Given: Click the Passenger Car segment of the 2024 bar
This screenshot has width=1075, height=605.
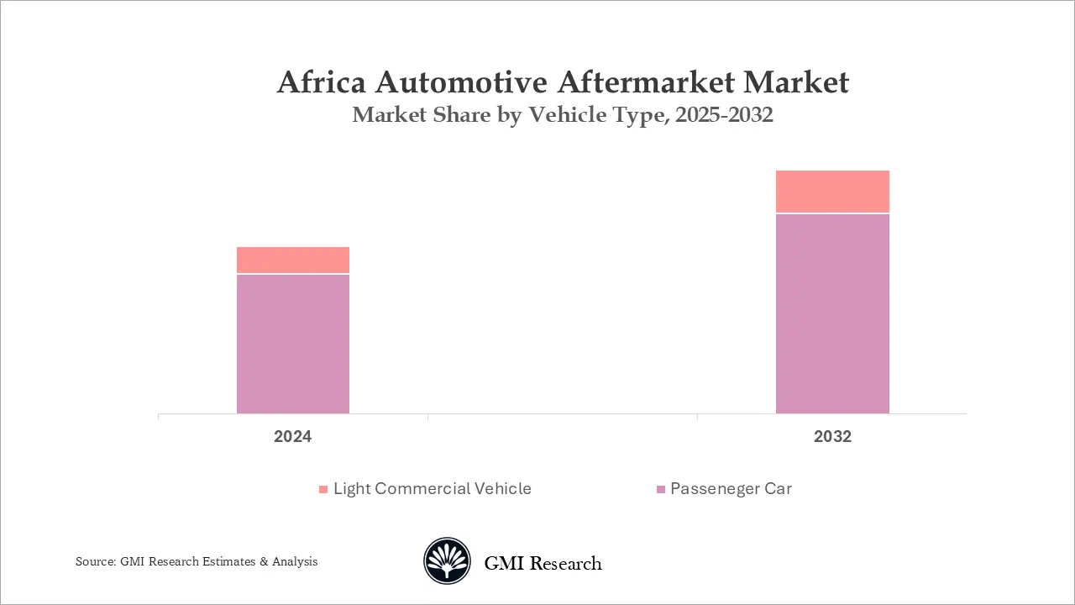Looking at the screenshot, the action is click(293, 344).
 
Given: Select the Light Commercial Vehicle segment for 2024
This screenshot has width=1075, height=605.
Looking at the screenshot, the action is click(293, 260).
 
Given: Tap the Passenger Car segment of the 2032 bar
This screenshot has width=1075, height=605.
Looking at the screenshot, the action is click(832, 313).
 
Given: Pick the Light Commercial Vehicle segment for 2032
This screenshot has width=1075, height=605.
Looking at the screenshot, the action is click(832, 191).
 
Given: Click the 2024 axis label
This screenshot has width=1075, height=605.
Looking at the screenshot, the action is click(293, 436).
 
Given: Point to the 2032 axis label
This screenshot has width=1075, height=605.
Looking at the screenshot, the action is click(832, 436).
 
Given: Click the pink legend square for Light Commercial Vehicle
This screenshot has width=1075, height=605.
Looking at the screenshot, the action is click(323, 489).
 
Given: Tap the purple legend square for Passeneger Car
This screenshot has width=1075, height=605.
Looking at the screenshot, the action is click(661, 489).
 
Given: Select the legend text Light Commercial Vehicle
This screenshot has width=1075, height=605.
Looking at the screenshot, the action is click(433, 489).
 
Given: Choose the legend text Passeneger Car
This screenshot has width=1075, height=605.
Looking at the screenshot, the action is click(731, 489).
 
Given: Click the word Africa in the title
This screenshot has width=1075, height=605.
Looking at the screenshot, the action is click(322, 82).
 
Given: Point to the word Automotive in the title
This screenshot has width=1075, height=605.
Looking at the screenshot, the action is click(461, 82).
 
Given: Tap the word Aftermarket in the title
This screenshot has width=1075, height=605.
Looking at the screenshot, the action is click(646, 82).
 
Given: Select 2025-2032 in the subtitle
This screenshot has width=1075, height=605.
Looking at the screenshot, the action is click(724, 115).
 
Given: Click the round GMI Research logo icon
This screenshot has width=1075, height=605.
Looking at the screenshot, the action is click(447, 560).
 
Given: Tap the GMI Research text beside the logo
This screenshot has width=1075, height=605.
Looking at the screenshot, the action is click(543, 563).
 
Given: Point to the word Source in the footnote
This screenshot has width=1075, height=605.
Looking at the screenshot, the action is click(96, 561).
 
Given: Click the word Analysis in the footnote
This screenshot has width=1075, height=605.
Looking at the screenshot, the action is click(295, 562).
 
